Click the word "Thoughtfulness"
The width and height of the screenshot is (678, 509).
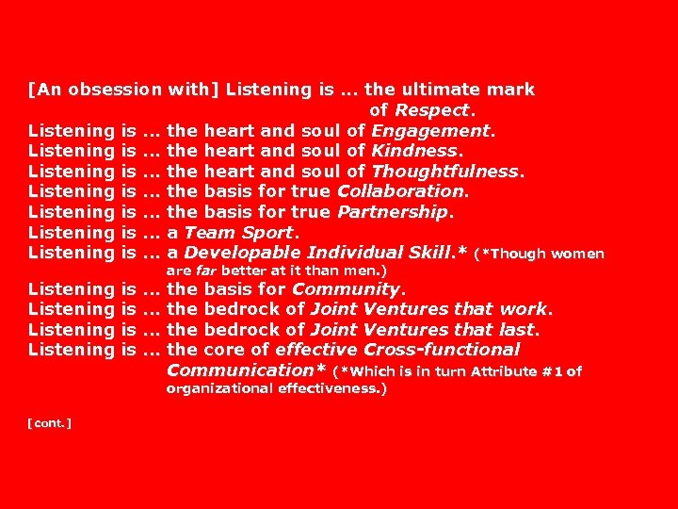[445, 172]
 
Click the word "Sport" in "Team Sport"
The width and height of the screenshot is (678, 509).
[268, 232]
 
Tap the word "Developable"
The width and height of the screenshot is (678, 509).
[243, 253]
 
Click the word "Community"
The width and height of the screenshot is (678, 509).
[346, 289]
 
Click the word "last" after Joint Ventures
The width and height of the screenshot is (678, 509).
[519, 330]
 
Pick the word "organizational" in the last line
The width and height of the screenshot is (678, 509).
[219, 388]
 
